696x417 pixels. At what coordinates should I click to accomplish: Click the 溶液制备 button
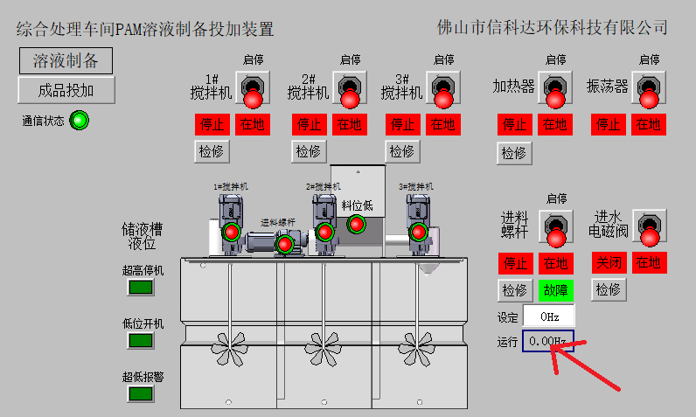point(66,60)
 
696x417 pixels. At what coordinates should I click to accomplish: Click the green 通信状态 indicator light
point(79,121)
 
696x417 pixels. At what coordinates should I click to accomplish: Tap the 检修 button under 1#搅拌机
point(211,151)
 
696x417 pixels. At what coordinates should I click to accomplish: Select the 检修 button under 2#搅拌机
point(308,151)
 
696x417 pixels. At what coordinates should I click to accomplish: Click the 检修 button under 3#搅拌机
point(401,151)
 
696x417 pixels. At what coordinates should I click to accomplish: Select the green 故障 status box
point(555,289)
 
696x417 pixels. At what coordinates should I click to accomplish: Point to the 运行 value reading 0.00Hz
point(548,341)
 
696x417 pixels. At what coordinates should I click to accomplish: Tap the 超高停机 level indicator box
point(141,288)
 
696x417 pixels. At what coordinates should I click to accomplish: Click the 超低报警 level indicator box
point(141,393)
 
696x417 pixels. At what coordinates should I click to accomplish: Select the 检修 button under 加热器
point(513,153)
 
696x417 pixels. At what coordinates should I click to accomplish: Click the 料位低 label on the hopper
point(357,205)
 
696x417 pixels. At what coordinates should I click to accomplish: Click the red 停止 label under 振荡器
point(609,124)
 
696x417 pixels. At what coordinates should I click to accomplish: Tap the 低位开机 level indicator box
point(141,340)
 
